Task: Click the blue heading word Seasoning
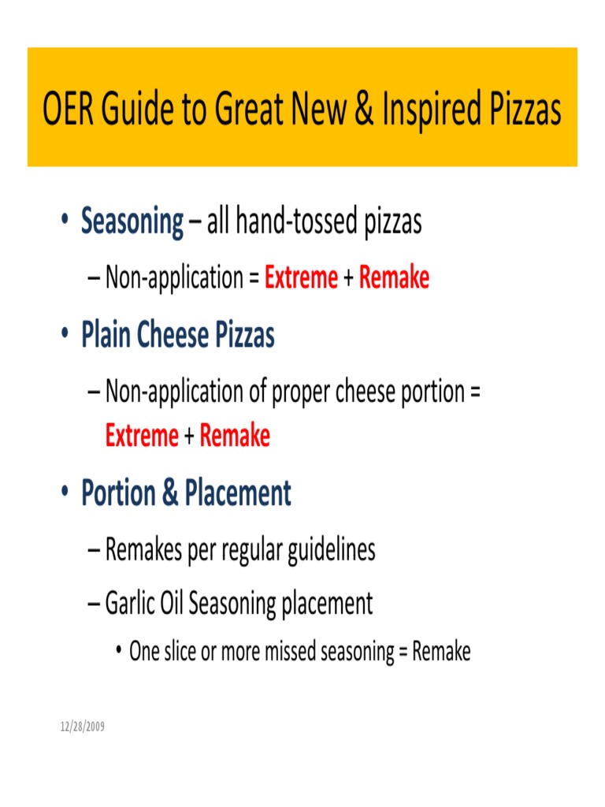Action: pos(132,222)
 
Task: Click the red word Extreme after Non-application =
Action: pos(302,277)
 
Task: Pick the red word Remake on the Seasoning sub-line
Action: pos(394,277)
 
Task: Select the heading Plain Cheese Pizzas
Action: pos(178,336)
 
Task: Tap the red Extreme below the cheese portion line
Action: pos(142,436)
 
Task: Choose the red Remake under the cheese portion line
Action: pos(235,436)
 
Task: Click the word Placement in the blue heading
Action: pos(238,493)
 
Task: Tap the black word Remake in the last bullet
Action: pos(442,652)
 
